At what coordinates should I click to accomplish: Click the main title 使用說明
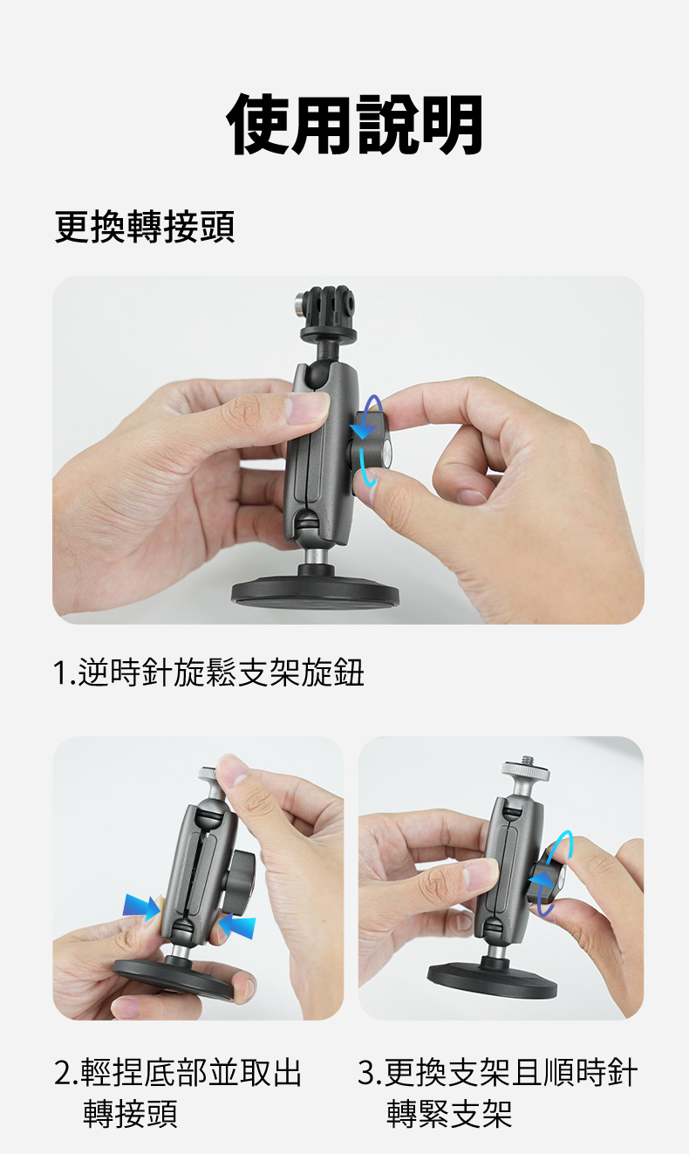pos(354,124)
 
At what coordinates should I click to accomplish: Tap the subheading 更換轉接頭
pos(145,227)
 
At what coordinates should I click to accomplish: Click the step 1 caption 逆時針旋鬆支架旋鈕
pos(208,673)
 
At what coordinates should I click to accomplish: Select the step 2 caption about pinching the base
pos(178,1093)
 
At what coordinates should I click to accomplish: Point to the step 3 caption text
pos(497,1093)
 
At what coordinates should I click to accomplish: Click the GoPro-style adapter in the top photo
pos(326,320)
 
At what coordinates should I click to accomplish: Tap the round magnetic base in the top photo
pos(315,591)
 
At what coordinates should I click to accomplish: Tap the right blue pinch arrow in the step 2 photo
pos(237,925)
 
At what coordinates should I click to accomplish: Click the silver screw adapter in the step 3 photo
pos(524,775)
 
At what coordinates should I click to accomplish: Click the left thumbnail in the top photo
pos(307,407)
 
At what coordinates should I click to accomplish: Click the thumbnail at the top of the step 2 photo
pos(233,770)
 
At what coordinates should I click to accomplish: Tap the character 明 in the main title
pos(452,124)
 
